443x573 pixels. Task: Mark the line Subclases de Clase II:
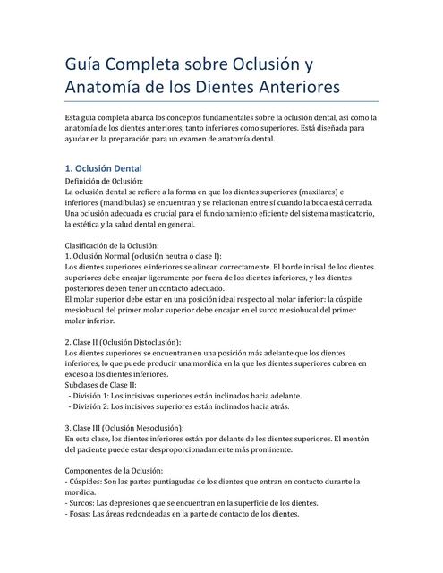pos(101,384)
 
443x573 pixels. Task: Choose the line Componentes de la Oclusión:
pos(115,470)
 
